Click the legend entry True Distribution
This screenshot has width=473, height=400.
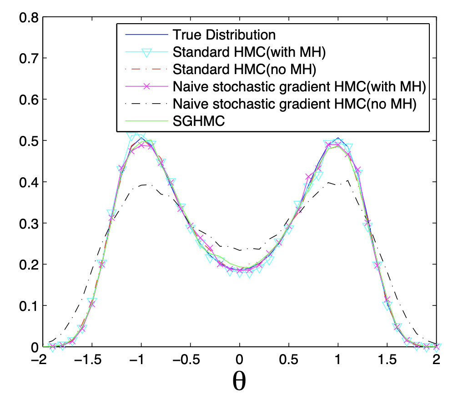pyautogui.click(x=224, y=35)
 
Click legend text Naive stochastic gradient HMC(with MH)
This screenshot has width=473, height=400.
pyautogui.click(x=299, y=86)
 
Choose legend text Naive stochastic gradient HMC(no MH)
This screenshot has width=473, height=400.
pyautogui.click(x=294, y=104)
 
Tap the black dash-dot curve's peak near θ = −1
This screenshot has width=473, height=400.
pyautogui.click(x=144, y=185)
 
